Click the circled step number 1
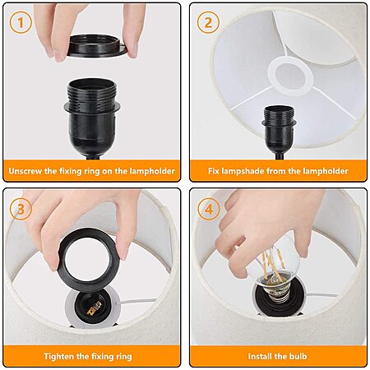tap(21, 22)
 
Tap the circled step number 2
tap(208, 22)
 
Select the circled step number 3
tap(21, 209)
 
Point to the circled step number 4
tap(209, 209)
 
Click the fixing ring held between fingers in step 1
tap(96, 46)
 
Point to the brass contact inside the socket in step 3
tap(94, 308)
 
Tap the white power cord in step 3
tap(136, 301)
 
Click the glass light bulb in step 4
tap(277, 263)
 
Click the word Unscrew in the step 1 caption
tap(25, 171)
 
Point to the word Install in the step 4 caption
tap(260, 356)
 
